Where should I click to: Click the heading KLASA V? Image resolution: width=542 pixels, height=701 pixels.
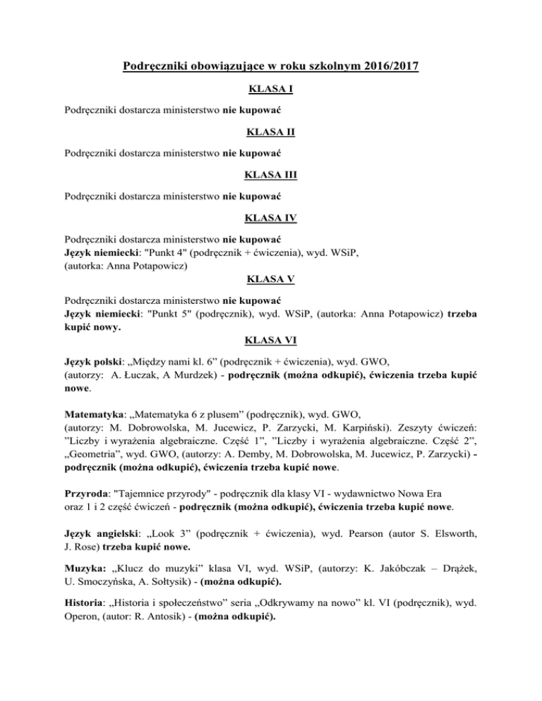[x=271, y=279]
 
